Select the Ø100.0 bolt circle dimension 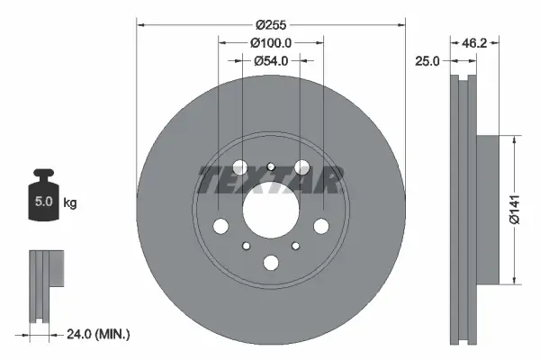271,43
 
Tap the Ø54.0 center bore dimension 271,61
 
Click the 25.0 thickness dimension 427,61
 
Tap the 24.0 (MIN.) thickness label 100,335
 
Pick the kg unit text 70,203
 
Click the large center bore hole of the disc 271,212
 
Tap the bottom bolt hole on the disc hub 271,263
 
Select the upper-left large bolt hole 240,168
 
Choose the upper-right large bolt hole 301,168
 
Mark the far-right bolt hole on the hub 321,226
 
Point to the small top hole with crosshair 271,164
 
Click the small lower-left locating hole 244,246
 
